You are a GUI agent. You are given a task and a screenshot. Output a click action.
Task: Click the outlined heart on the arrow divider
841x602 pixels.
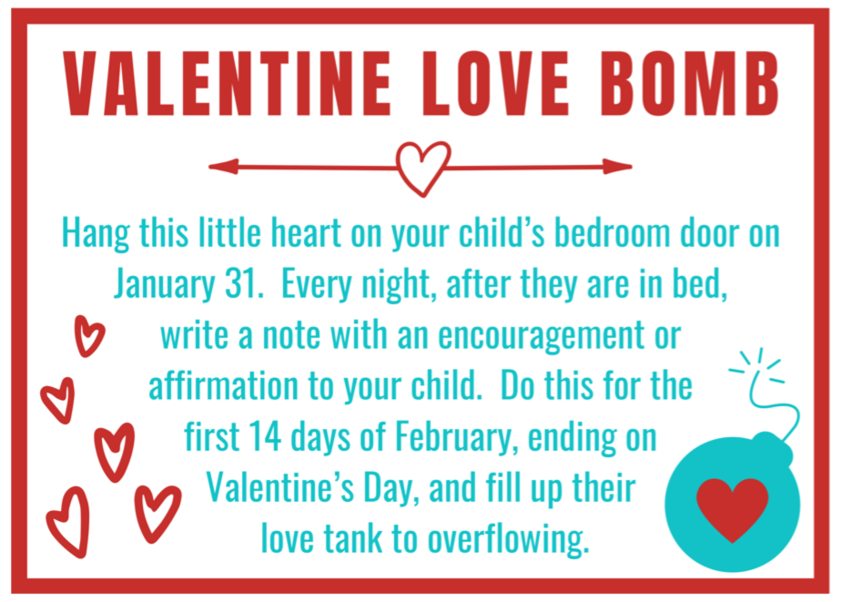[x=422, y=167]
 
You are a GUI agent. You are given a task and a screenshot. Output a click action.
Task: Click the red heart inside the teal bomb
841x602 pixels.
[x=732, y=506]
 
